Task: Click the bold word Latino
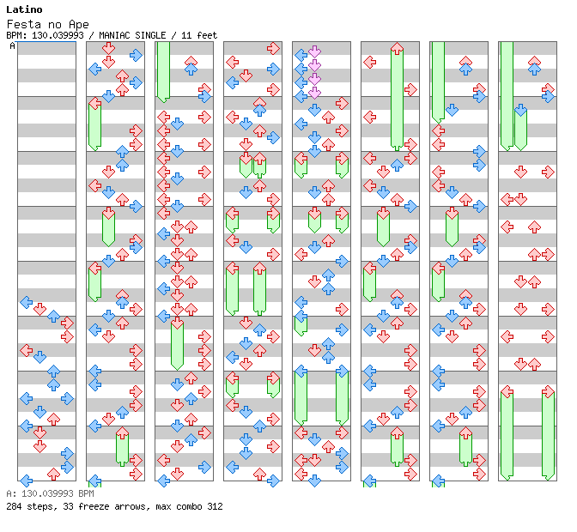(23, 9)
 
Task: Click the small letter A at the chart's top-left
(12, 45)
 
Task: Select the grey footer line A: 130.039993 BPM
(49, 494)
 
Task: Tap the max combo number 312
(214, 506)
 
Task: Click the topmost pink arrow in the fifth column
(314, 51)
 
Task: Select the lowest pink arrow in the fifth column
(314, 91)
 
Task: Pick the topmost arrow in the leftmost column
(26, 302)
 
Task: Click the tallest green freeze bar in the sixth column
(397, 96)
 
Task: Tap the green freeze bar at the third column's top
(163, 70)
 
